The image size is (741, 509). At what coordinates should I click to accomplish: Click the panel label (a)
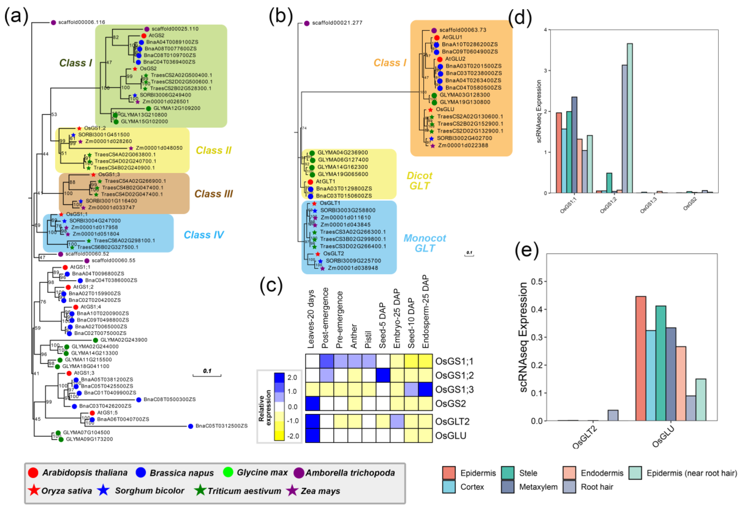pyautogui.click(x=16, y=16)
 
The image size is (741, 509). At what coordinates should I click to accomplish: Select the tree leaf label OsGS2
pyautogui.click(x=148, y=69)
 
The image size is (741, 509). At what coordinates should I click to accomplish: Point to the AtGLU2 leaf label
pyautogui.click(x=455, y=59)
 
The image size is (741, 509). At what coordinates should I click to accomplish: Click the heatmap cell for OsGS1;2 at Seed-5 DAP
pyautogui.click(x=383, y=375)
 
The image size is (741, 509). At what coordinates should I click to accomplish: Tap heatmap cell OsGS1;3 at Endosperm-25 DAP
pyautogui.click(x=425, y=389)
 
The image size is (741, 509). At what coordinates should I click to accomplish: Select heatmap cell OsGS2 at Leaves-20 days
pyautogui.click(x=313, y=403)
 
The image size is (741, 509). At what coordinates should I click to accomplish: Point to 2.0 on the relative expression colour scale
pyautogui.click(x=292, y=378)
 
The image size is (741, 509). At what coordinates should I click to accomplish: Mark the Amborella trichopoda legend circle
pyautogui.click(x=299, y=472)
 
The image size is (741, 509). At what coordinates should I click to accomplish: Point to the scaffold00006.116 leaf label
pyautogui.click(x=82, y=22)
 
